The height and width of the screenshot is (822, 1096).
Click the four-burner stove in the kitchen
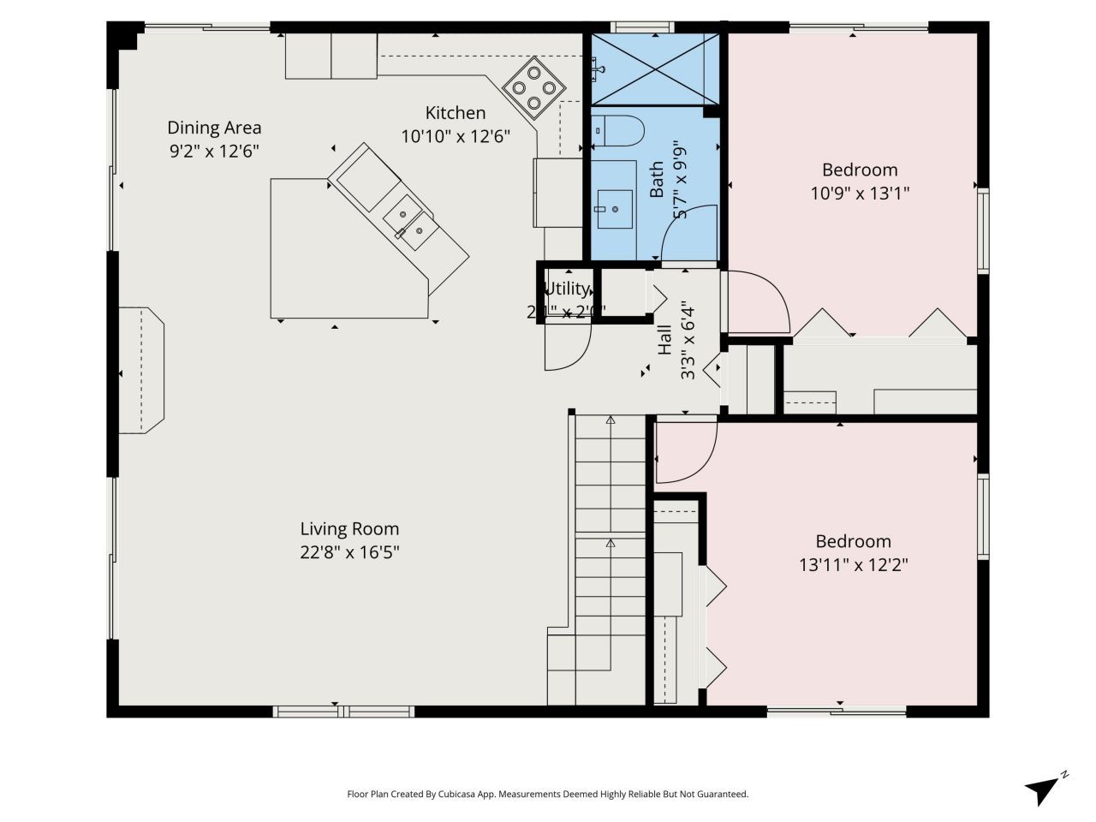[533, 88]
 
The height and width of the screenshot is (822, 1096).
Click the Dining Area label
[214, 128]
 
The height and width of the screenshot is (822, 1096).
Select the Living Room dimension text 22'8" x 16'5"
[349, 552]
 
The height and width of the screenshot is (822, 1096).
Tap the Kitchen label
[456, 112]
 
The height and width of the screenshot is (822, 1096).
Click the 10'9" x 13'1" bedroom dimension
[859, 193]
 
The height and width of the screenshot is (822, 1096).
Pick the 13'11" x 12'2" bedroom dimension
[853, 564]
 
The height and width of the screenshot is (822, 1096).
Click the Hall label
[664, 340]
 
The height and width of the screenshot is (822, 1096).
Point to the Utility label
[567, 288]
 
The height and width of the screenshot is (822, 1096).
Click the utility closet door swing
[566, 348]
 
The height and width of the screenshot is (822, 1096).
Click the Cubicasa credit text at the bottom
[547, 794]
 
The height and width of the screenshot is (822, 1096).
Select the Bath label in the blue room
[657, 180]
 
